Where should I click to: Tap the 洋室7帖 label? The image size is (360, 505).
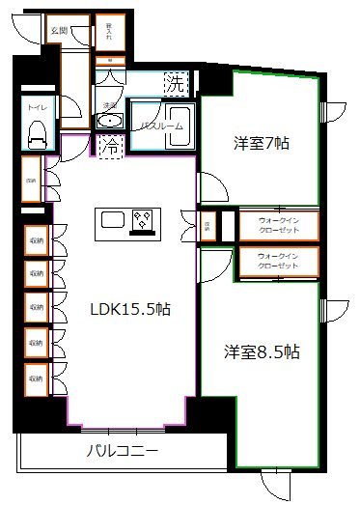[x=262, y=145]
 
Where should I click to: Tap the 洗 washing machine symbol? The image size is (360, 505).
[x=175, y=84]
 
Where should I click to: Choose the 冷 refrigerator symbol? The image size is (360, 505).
[x=111, y=149]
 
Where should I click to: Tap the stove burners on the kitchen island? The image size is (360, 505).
[x=145, y=222]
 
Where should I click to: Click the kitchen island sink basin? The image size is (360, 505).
[x=109, y=222]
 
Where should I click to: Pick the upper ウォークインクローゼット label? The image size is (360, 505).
[x=284, y=224]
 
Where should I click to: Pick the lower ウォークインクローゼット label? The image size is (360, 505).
[x=284, y=261]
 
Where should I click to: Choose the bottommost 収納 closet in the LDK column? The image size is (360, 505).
[x=36, y=379]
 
